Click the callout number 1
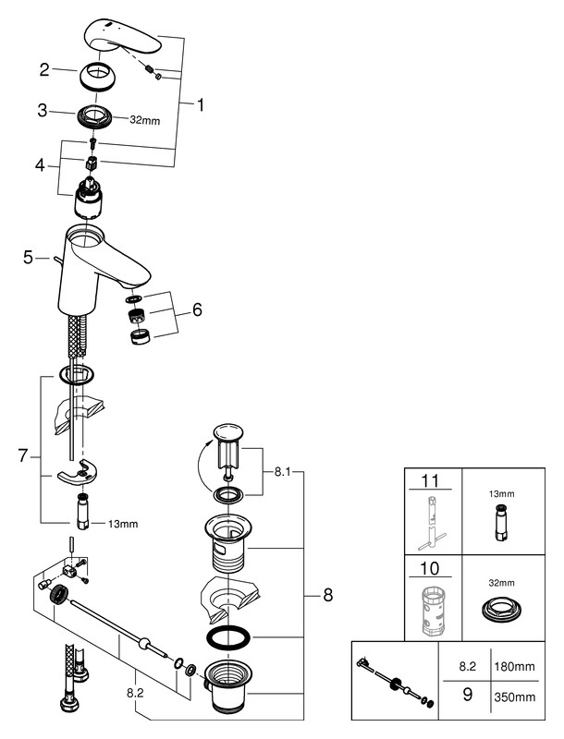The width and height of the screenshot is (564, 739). tap(201, 104)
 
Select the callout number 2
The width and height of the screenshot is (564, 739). tap(44, 68)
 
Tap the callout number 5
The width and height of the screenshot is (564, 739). tap(29, 258)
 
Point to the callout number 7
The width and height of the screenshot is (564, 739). tap(23, 455)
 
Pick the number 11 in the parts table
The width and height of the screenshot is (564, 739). tap(432, 482)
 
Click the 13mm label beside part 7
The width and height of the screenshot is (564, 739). tap(122, 524)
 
